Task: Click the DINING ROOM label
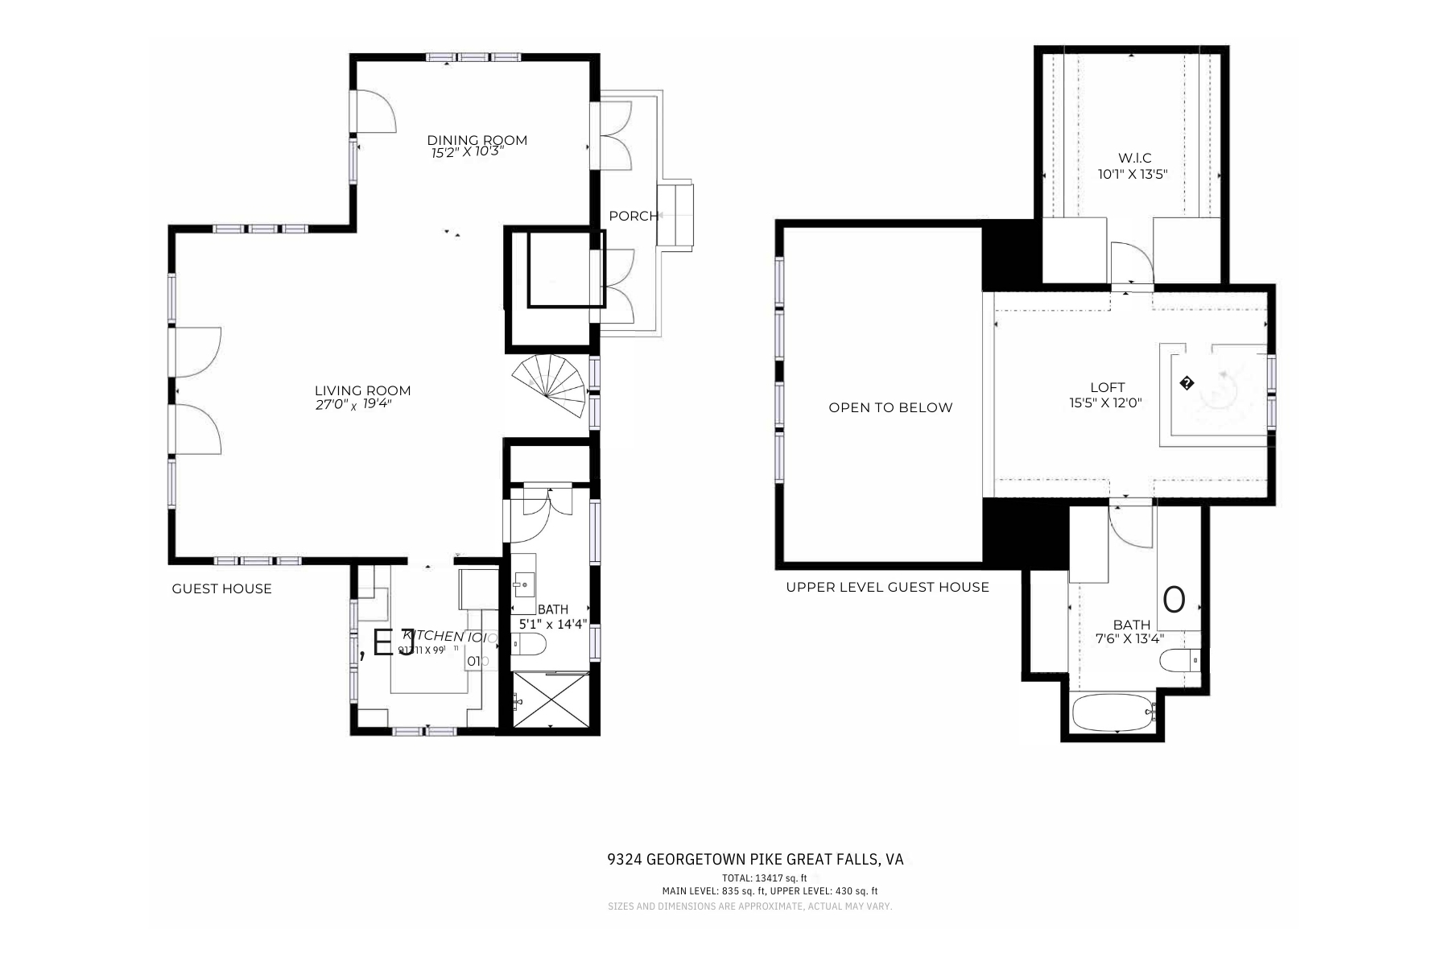pyautogui.click(x=477, y=140)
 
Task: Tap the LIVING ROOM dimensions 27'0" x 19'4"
pyautogui.click(x=353, y=405)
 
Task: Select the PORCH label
pyautogui.click(x=633, y=216)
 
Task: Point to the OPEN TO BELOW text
pyautogui.click(x=890, y=407)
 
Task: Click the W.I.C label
pyautogui.click(x=1134, y=158)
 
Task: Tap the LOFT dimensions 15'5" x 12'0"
pyautogui.click(x=1105, y=402)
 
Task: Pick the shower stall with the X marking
pyautogui.click(x=551, y=700)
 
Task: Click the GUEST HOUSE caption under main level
pyautogui.click(x=221, y=588)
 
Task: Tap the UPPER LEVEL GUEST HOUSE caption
pyautogui.click(x=887, y=587)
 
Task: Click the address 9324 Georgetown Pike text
pyautogui.click(x=754, y=859)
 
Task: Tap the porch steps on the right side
pyautogui.click(x=675, y=215)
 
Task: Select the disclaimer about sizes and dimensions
pyautogui.click(x=749, y=906)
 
